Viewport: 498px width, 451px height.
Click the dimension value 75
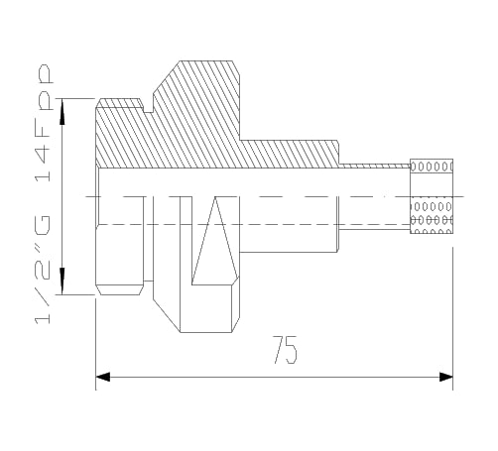(286, 350)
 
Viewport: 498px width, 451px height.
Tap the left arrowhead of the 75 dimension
(103, 377)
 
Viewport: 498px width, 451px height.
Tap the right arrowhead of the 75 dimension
(445, 377)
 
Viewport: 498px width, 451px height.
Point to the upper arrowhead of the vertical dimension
(62, 112)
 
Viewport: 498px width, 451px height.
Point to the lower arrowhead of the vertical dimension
(62, 281)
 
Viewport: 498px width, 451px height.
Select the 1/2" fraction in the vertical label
(43, 288)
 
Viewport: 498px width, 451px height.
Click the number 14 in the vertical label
(43, 164)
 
